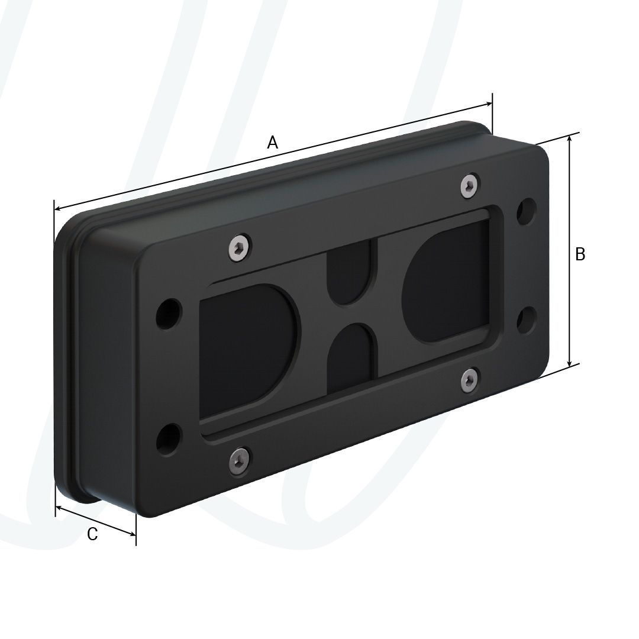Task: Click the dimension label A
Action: point(273,143)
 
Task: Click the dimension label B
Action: point(580,254)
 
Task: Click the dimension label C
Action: point(92,534)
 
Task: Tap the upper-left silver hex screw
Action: point(238,247)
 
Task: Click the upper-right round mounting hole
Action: point(526,211)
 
